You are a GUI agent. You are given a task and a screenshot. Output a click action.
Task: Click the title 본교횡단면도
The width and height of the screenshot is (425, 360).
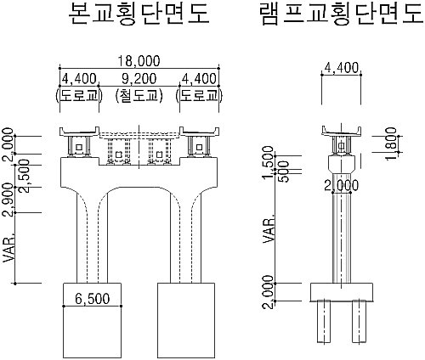click(139, 14)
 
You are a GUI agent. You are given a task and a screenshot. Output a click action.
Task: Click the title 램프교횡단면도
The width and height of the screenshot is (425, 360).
click(343, 14)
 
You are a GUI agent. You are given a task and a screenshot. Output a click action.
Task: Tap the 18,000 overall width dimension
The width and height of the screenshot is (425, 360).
click(139, 61)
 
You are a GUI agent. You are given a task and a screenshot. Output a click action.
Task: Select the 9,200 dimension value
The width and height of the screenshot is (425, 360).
click(139, 78)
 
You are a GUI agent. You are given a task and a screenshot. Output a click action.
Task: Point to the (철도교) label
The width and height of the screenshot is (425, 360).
click(139, 96)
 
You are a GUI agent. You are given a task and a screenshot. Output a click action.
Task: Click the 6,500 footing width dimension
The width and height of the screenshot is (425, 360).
click(92, 299)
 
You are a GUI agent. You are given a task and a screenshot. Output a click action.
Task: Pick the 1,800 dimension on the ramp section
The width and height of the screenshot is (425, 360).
click(392, 143)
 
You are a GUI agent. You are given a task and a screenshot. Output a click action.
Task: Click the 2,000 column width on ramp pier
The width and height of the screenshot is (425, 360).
click(341, 186)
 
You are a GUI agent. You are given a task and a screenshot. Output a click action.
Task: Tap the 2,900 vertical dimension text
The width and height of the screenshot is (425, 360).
click(8, 200)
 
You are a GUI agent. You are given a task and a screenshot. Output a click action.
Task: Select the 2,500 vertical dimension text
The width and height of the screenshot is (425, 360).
click(25, 176)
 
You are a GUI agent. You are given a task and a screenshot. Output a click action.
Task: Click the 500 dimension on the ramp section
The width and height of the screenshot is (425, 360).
click(284, 172)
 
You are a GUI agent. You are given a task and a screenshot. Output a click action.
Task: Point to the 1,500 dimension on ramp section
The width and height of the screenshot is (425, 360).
click(269, 162)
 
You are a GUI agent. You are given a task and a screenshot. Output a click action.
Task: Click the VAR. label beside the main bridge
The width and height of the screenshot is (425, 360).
click(8, 248)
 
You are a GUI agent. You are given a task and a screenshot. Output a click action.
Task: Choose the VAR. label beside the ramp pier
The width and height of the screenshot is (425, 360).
click(269, 228)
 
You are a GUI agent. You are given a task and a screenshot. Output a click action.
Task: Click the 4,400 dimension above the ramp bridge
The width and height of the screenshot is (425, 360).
click(342, 68)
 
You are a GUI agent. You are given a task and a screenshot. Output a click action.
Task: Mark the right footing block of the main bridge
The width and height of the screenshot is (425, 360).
click(186, 320)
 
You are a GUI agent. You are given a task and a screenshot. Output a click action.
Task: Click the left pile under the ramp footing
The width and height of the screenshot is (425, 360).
click(324, 322)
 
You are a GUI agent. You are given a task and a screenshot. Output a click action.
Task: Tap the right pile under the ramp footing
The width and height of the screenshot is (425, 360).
click(360, 322)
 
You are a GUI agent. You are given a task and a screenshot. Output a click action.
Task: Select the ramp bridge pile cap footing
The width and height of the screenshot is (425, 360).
click(342, 292)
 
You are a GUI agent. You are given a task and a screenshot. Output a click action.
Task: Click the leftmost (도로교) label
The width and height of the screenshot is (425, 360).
click(79, 96)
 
